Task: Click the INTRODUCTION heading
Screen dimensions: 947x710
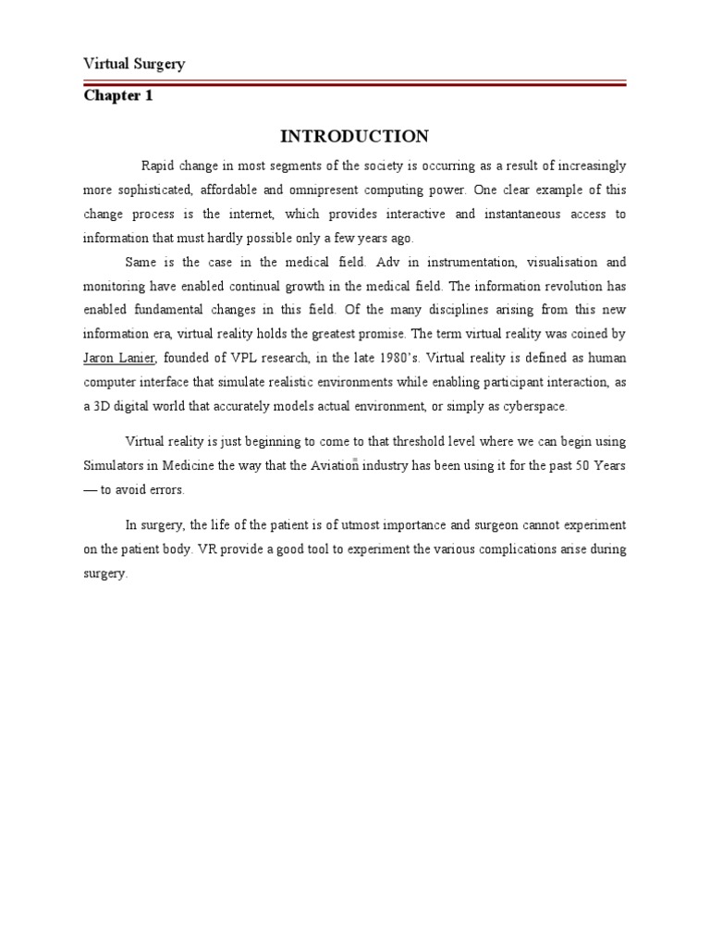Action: pos(354,137)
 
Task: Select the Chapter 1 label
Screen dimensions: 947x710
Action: pos(118,96)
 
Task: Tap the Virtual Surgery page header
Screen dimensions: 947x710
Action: pos(134,64)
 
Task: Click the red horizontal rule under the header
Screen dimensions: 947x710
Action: pos(354,84)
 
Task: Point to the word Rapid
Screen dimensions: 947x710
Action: pos(158,166)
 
